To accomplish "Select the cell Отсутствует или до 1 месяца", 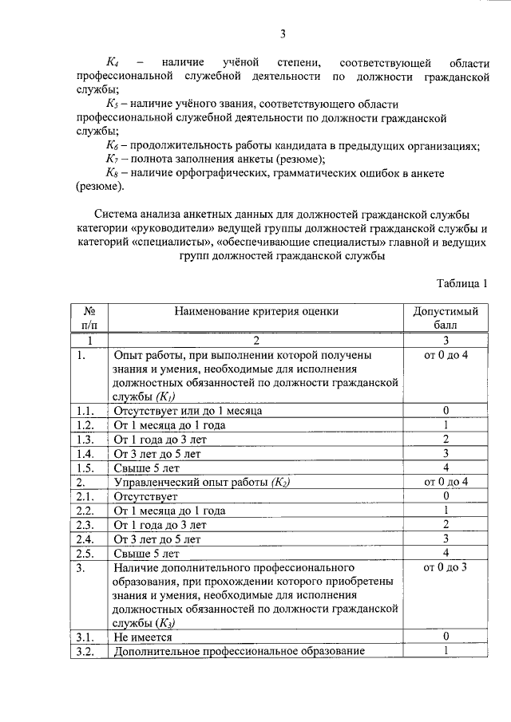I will coord(188,411).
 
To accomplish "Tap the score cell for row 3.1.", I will coord(446,636).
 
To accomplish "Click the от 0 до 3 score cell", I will coord(446,567).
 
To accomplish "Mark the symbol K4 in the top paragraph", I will coord(113,61).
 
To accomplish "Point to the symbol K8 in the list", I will coord(113,173).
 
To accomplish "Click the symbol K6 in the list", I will coord(113,145).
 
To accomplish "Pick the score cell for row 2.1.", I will coord(446,496).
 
